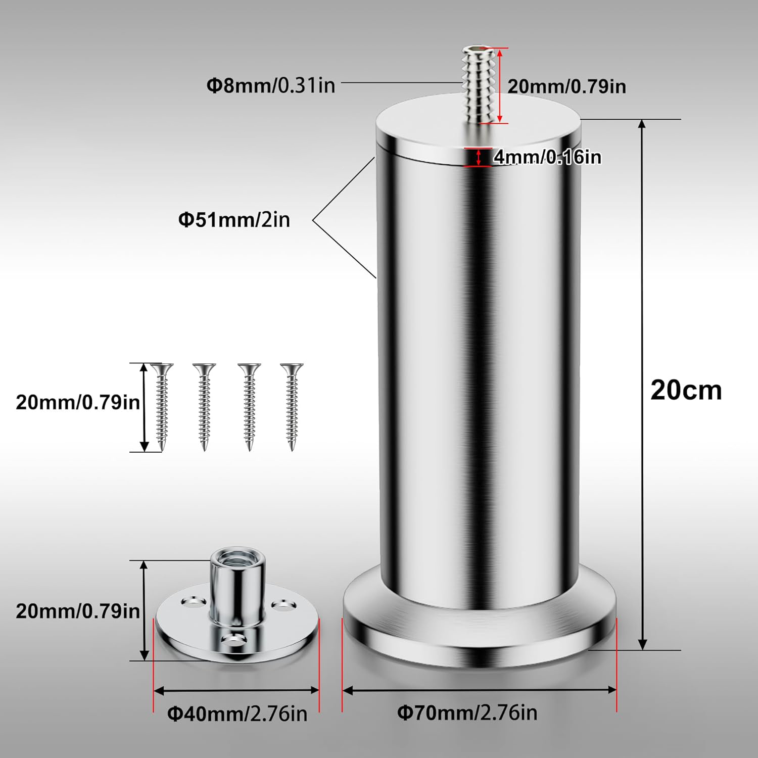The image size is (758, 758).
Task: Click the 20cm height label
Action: pos(686,390)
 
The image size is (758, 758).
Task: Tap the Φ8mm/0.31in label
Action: pos(271,85)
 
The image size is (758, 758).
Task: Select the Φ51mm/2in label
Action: pos(234,219)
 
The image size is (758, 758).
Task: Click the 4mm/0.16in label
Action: pos(547,157)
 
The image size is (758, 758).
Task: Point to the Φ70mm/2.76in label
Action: pos(467,713)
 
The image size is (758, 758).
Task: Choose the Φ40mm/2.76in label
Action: pos(237,714)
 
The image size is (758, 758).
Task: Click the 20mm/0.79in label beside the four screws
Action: pos(78,402)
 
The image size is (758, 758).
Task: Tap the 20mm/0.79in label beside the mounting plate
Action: pos(78,611)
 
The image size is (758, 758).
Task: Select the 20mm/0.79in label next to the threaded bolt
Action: pos(566,86)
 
